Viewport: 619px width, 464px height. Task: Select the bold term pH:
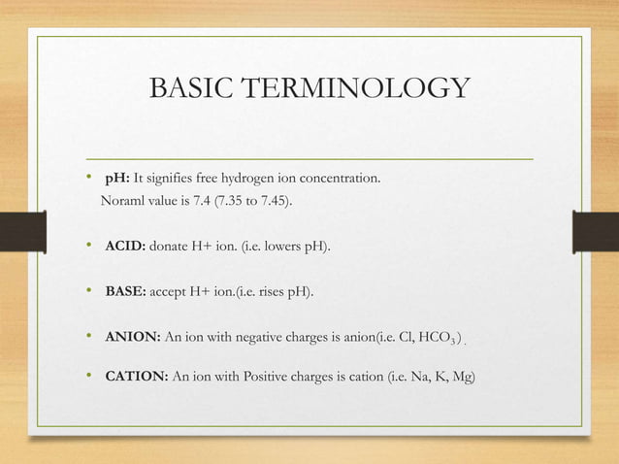pos(117,180)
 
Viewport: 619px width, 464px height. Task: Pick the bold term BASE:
pos(125,292)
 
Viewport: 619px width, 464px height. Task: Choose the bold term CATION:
pos(137,376)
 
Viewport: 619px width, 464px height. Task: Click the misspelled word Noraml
pos(123,201)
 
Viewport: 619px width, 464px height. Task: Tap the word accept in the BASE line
pos(168,292)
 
